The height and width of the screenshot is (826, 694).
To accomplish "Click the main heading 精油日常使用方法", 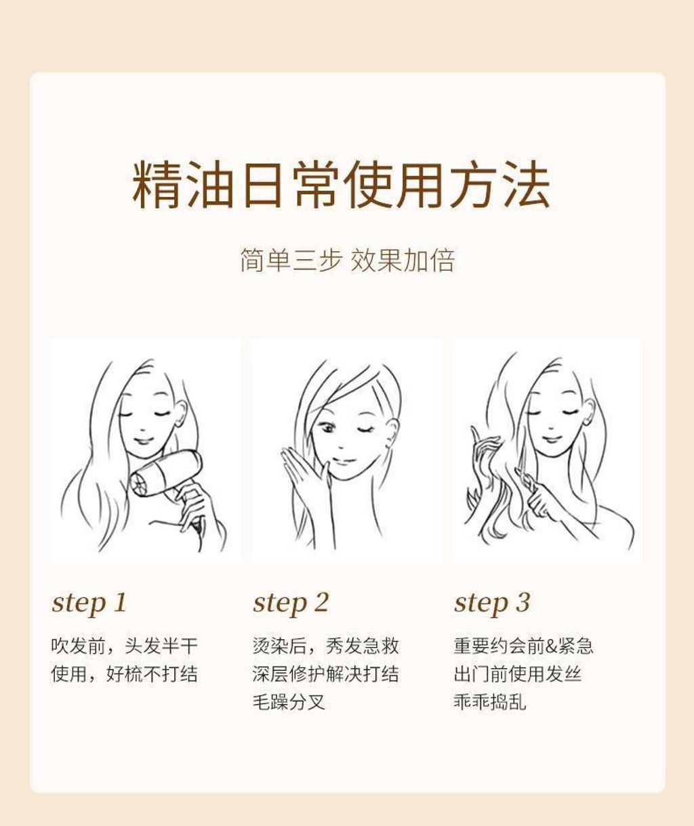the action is pos(341,185).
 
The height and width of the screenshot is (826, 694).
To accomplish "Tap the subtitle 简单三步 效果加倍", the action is pos(348,260).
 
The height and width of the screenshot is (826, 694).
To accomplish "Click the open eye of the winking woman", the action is pos(327,428).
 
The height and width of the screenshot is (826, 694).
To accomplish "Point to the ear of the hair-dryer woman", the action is pos(182,412).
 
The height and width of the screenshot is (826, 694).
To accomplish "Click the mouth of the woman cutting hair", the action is pos(552,439).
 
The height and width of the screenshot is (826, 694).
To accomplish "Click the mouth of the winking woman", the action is pos(343,460).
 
